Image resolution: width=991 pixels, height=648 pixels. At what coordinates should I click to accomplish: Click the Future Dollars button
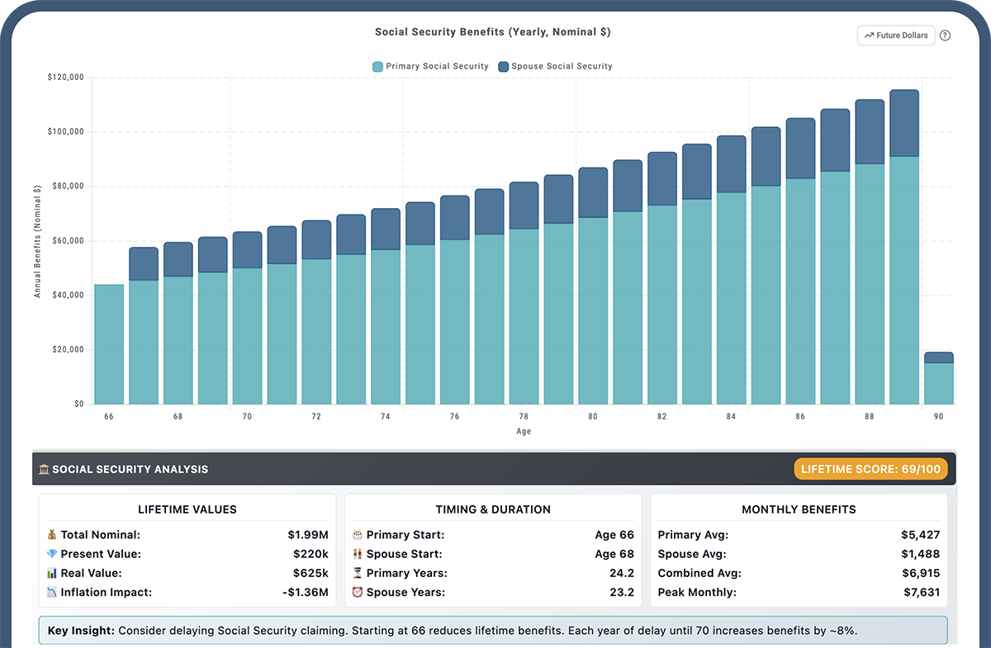896,35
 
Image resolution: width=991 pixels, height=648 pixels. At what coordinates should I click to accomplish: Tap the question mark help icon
946,35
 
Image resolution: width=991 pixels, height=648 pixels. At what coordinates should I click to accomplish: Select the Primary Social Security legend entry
430,66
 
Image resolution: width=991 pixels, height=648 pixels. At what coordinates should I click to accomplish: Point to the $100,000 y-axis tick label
66,132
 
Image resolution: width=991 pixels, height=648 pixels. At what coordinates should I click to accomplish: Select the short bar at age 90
938,380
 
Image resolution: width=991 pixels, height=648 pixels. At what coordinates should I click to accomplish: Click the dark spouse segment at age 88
870,132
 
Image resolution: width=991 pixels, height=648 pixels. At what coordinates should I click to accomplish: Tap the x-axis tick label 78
524,417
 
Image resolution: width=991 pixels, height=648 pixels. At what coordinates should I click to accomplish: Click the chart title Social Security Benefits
492,32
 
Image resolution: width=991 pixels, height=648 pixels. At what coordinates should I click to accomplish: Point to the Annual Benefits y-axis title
37,241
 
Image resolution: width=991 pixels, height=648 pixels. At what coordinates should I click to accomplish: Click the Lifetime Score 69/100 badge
870,469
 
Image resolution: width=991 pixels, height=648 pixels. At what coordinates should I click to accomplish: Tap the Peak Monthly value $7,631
920,592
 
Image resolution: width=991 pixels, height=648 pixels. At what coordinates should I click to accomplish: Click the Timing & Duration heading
493,509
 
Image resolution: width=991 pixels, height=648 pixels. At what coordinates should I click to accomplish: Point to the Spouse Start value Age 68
614,554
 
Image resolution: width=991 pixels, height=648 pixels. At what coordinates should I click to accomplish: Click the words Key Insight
80,631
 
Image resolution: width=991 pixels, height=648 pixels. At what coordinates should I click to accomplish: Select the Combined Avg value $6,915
920,573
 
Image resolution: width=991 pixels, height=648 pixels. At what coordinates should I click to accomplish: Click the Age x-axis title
524,431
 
